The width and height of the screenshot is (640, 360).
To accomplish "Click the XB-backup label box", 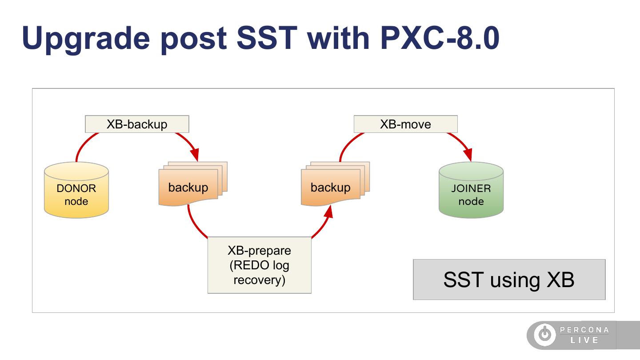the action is [137, 124].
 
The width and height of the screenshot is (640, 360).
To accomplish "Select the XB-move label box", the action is [406, 124].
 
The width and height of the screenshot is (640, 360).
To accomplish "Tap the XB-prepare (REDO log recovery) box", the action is [260, 265].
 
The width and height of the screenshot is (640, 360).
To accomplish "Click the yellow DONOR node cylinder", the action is [76, 190].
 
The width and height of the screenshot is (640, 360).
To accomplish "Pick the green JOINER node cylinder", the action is [471, 190].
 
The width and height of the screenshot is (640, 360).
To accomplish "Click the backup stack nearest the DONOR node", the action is [193, 184].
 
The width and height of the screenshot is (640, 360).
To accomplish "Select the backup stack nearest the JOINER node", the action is [335, 184].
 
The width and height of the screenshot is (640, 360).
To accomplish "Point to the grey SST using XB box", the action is [509, 280].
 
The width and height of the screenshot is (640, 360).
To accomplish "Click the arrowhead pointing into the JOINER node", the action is [468, 155].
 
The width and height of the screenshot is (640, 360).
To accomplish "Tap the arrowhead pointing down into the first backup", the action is [195, 155].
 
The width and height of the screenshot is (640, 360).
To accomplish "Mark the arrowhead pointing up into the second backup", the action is [329, 212].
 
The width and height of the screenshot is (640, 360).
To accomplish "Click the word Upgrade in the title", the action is [86, 39].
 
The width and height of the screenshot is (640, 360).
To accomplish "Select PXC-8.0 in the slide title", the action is [440, 38].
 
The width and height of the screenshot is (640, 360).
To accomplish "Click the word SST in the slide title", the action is [267, 38].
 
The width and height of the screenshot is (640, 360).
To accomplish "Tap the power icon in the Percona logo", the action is [545, 334].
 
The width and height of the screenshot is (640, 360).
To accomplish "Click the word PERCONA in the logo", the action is [584, 330].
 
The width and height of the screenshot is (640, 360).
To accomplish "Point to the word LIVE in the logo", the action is [584, 340].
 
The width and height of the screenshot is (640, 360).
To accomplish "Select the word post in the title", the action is [194, 40].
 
